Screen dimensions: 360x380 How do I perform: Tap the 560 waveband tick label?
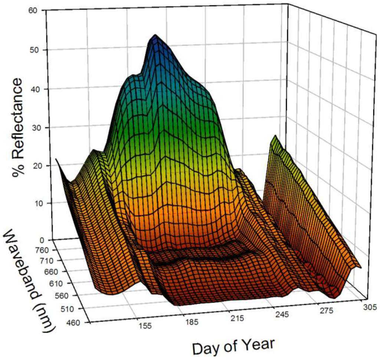(75, 296)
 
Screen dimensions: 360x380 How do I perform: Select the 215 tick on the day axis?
(237, 318)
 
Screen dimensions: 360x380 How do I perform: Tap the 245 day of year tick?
(283, 314)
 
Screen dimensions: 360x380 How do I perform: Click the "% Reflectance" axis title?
(19, 126)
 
